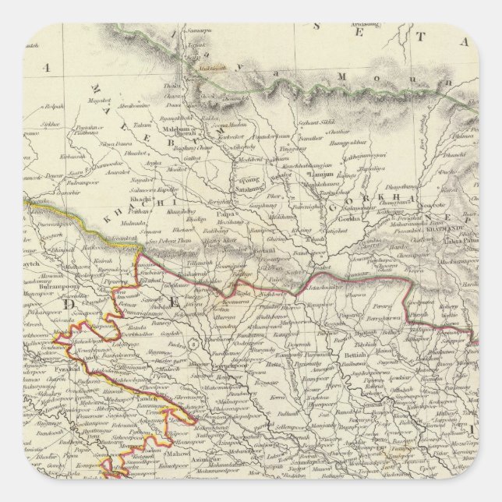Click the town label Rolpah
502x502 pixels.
coord(53,104)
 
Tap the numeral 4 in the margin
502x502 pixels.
coord(48,68)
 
